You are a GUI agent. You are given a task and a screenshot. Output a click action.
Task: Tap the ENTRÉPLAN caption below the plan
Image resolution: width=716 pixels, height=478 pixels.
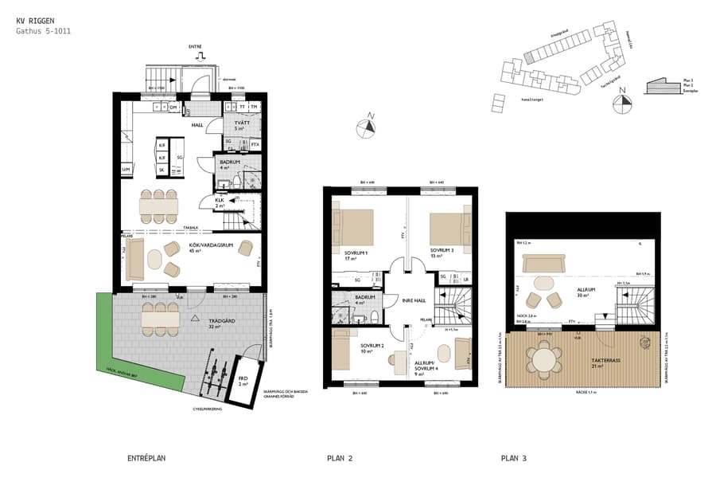(146, 458)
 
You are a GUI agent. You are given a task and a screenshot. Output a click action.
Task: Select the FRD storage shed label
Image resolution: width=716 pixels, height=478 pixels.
(243, 379)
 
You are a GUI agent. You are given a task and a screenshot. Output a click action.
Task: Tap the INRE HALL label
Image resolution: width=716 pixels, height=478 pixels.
(413, 300)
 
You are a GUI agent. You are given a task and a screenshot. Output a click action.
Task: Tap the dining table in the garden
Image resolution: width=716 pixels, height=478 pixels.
(159, 318)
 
